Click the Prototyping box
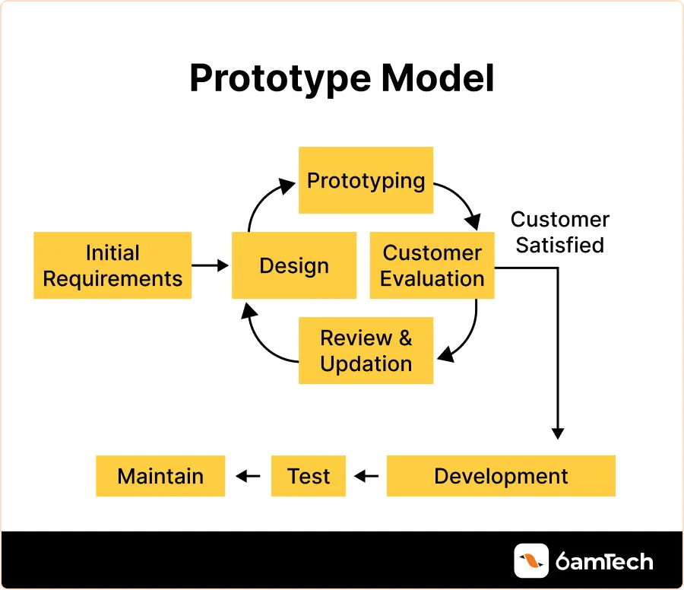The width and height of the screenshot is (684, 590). click(366, 180)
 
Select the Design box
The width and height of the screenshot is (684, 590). click(294, 265)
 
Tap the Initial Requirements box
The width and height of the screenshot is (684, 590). click(112, 265)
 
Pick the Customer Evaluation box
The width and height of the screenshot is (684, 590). click(432, 265)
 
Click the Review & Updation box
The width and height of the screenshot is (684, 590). click(366, 351)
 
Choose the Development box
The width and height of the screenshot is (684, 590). click(501, 476)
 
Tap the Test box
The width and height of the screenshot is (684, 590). click(309, 476)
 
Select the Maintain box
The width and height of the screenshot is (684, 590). click(160, 476)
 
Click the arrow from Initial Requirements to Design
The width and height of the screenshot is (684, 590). click(211, 265)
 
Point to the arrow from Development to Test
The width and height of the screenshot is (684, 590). click(366, 476)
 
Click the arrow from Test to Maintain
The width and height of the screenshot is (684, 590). click(248, 476)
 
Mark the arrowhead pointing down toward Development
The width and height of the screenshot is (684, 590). click(558, 433)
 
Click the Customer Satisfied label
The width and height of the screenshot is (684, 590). click(560, 232)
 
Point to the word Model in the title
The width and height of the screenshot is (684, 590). click(438, 78)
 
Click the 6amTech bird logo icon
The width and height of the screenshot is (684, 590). click(531, 561)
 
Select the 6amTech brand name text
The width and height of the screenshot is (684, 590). click(604, 561)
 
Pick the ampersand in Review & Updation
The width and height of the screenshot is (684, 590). click(405, 338)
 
